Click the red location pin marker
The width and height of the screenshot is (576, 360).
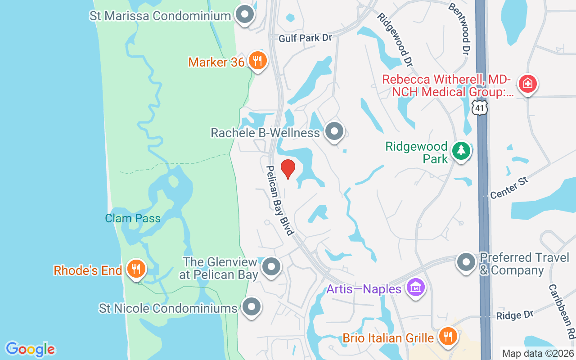288,169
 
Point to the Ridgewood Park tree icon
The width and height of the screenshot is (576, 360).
461,151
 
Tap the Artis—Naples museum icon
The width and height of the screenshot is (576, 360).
415,287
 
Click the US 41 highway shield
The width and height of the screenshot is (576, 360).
480,107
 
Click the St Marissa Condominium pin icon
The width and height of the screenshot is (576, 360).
245,15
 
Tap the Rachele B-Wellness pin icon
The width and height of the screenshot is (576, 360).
334,131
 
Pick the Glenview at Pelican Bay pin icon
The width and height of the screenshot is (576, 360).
271,266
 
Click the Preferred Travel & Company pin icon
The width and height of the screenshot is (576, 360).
466,262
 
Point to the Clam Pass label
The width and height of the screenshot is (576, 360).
133,219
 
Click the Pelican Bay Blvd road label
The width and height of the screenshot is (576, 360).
279,200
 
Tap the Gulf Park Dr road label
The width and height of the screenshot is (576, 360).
305,38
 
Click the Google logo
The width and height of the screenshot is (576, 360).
30,349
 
